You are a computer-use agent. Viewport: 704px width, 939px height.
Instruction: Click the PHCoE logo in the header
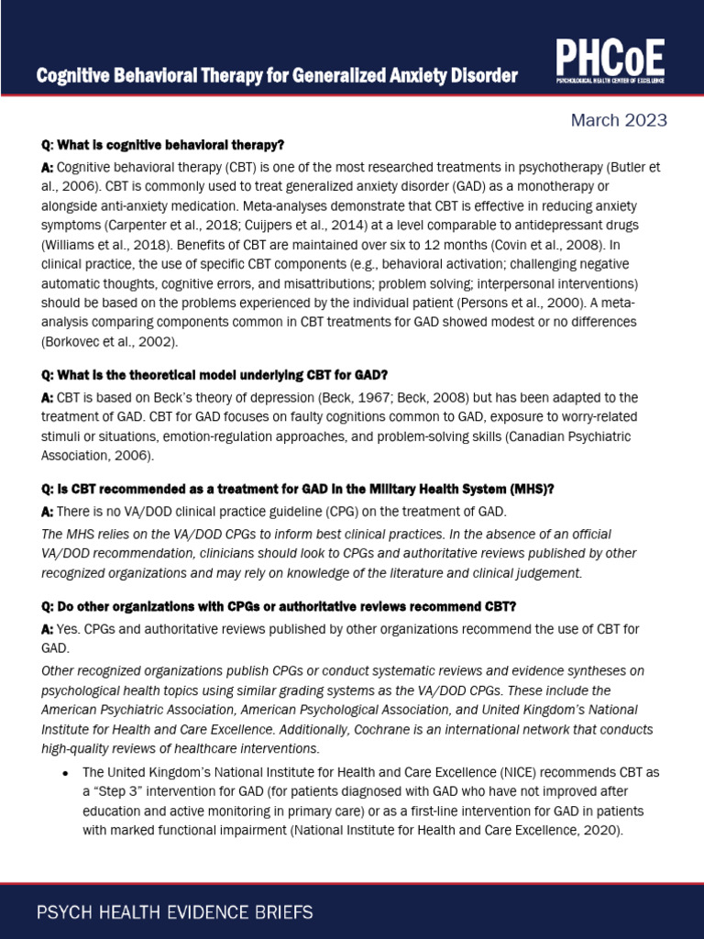tap(610, 66)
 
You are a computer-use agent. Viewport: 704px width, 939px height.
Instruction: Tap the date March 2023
tap(619, 120)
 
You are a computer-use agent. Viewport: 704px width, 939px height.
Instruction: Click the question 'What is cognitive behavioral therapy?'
tap(163, 146)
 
